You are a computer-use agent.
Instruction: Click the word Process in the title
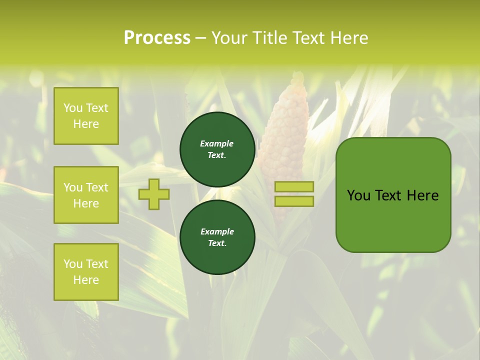157,37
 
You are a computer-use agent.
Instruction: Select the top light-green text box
86,116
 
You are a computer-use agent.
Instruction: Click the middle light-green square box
86,195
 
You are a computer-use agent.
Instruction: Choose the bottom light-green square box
86,271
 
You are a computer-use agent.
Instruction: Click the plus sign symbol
154,194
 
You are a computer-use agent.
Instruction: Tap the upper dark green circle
217,149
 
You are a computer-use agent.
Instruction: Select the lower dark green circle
217,237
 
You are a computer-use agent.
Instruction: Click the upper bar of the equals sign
294,186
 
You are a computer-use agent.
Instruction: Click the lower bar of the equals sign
294,201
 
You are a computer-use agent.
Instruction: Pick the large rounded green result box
393,220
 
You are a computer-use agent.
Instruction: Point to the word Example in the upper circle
217,143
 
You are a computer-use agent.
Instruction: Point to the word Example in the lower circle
217,231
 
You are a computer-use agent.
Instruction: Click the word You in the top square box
73,108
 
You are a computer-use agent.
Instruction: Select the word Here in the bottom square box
86,279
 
